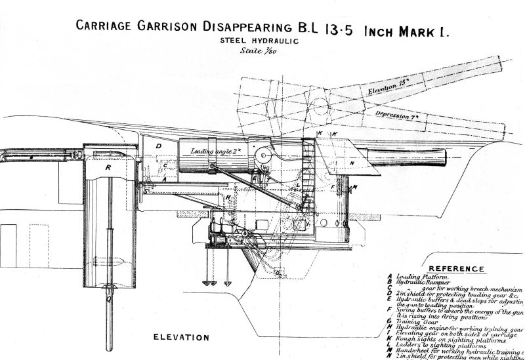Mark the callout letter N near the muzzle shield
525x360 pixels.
352,162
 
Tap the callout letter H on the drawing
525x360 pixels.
227,197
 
